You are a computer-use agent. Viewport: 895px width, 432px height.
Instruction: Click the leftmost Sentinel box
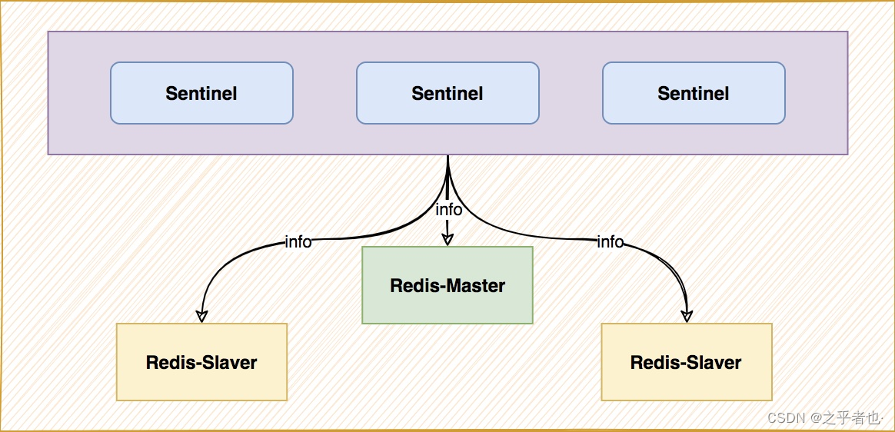[x=201, y=93]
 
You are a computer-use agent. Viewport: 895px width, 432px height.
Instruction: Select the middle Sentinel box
[x=447, y=93]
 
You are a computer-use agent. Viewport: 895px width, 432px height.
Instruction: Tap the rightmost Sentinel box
[x=694, y=93]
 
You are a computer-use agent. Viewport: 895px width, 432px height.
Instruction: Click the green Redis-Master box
[x=447, y=285]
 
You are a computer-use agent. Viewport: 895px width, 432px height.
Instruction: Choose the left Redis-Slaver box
[x=201, y=362]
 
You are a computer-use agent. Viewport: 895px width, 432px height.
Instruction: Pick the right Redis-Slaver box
[x=686, y=362]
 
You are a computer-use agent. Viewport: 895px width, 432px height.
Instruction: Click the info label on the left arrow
[x=298, y=242]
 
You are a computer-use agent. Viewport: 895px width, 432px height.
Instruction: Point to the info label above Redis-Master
[x=448, y=210]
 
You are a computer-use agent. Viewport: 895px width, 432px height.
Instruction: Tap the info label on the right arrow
[x=610, y=242]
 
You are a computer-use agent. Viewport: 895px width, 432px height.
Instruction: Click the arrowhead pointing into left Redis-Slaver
[x=201, y=316]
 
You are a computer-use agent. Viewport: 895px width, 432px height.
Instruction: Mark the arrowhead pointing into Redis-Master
[x=447, y=239]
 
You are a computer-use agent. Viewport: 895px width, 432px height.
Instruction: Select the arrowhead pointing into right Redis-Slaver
[x=687, y=316]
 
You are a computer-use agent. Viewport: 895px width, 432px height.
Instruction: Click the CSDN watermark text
[x=785, y=417]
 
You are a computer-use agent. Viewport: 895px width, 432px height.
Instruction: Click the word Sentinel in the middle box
[x=447, y=94]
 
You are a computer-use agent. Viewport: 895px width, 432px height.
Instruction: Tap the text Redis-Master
[x=447, y=286]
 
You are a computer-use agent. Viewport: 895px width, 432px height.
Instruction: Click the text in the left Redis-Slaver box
[x=201, y=363]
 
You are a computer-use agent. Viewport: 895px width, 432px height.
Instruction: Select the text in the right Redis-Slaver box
[x=686, y=363]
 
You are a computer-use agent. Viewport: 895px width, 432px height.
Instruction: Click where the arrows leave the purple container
[x=447, y=156]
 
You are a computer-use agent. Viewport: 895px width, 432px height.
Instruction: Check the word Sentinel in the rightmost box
[x=694, y=94]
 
